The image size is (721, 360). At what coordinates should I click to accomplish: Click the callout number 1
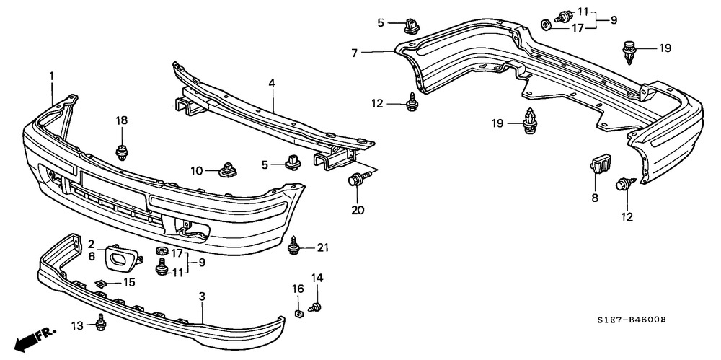52,75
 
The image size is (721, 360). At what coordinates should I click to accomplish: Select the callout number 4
272,84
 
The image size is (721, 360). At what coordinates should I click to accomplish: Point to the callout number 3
202,297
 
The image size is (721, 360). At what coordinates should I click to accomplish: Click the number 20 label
358,210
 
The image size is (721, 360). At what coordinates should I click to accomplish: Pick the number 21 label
322,248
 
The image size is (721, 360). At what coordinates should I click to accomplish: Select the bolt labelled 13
99,325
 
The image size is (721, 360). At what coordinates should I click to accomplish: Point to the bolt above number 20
358,180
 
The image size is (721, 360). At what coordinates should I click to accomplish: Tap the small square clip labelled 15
102,282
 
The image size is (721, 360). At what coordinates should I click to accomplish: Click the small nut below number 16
298,312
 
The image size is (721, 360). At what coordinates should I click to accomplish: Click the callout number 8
595,198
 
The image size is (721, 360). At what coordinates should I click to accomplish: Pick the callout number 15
130,282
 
